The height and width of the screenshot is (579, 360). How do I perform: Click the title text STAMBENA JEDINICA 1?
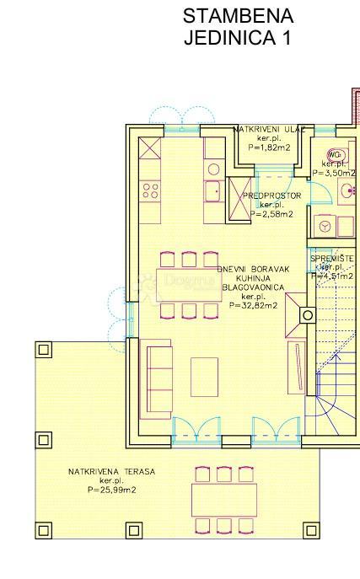tap(238, 27)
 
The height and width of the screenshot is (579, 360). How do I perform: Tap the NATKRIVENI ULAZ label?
tap(269, 129)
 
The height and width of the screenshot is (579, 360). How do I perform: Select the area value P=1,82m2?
tap(269, 147)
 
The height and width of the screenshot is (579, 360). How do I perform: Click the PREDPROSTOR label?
tap(271, 196)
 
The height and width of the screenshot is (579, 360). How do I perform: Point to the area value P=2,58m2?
tap(271, 214)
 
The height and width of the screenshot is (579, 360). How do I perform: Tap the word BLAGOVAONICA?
tap(253, 287)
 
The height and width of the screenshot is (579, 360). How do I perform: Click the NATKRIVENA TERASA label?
tap(112, 472)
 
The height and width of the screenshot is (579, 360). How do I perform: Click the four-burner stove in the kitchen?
tap(150, 190)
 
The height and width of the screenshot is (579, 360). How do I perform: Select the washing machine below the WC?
tap(322, 225)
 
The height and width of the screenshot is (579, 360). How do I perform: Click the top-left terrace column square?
tap(43, 348)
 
